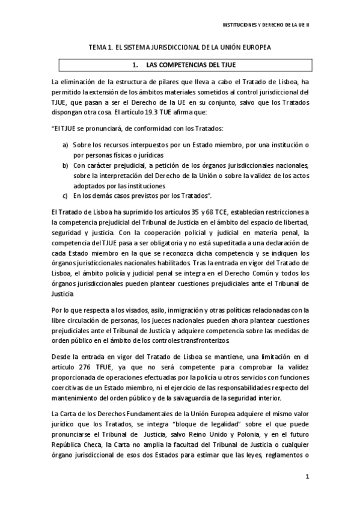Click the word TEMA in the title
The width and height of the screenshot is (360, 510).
coord(98,47)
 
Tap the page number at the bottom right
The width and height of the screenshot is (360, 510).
coord(307,478)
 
